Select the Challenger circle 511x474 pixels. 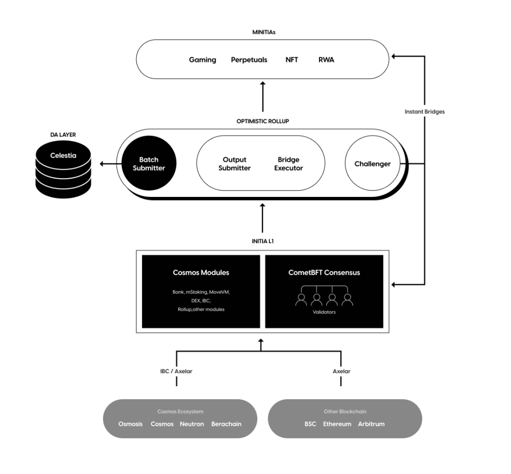pyautogui.click(x=372, y=164)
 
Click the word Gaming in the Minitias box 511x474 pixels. pyautogui.click(x=202, y=60)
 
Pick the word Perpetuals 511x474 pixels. pyautogui.click(x=249, y=60)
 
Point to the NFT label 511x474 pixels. pyautogui.click(x=292, y=60)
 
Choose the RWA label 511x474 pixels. pyautogui.click(x=326, y=60)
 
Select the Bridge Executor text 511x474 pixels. pyautogui.click(x=288, y=164)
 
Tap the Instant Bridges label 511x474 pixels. pyautogui.click(x=424, y=112)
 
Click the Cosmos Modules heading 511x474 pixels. pyautogui.click(x=201, y=272)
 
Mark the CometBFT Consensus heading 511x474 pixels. pyautogui.click(x=324, y=272)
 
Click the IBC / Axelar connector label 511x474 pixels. pyautogui.click(x=176, y=371)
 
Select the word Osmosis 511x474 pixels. pyautogui.click(x=130, y=424)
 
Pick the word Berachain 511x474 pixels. pyautogui.click(x=226, y=424)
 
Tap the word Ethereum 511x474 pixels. pyautogui.click(x=337, y=424)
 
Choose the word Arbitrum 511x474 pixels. pyautogui.click(x=371, y=424)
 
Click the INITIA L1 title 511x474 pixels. pyautogui.click(x=263, y=241)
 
